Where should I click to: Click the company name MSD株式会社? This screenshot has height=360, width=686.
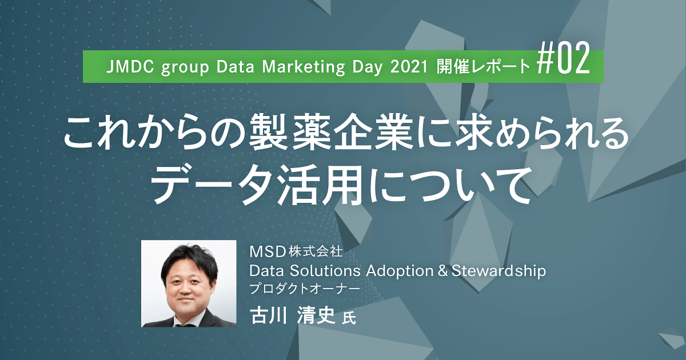(295, 251)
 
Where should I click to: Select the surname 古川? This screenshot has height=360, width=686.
(269, 315)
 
